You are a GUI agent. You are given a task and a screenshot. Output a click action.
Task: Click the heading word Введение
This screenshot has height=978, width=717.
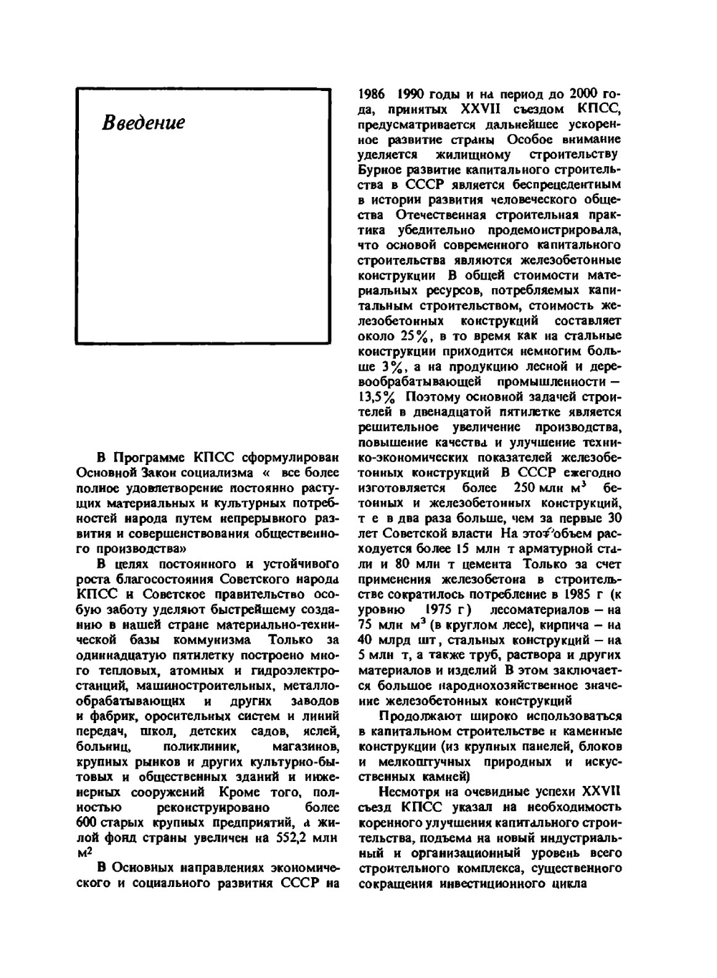143,123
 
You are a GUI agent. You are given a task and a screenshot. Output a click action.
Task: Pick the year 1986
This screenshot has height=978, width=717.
373,94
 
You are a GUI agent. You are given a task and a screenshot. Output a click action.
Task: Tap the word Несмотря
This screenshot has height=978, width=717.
404,791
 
